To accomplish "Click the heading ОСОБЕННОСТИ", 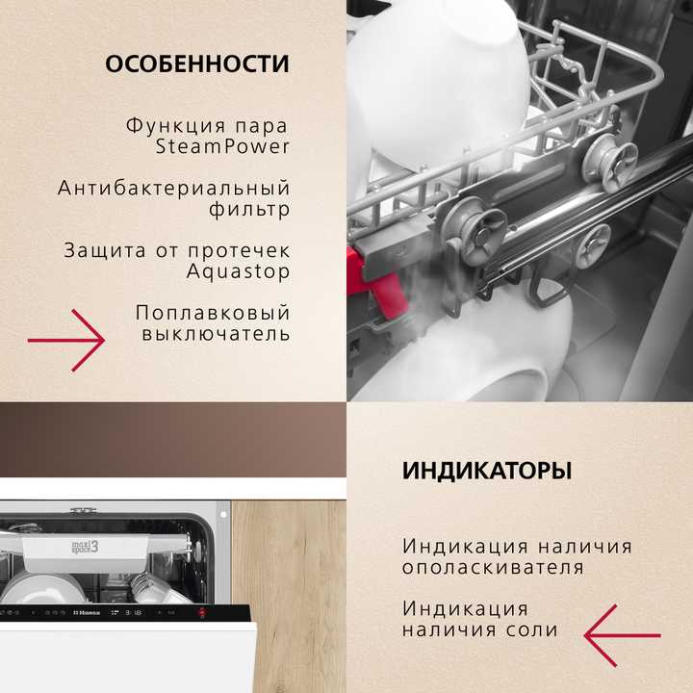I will (x=196, y=64).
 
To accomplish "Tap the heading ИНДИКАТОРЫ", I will (x=486, y=472).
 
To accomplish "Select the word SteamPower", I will (x=222, y=147).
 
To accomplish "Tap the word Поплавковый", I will (x=212, y=313).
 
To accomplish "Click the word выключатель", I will (x=216, y=334).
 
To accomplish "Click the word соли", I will (x=536, y=630).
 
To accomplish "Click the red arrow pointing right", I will (x=66, y=340).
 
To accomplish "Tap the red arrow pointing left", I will (x=622, y=635).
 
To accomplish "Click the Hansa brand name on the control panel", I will (x=90, y=612).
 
